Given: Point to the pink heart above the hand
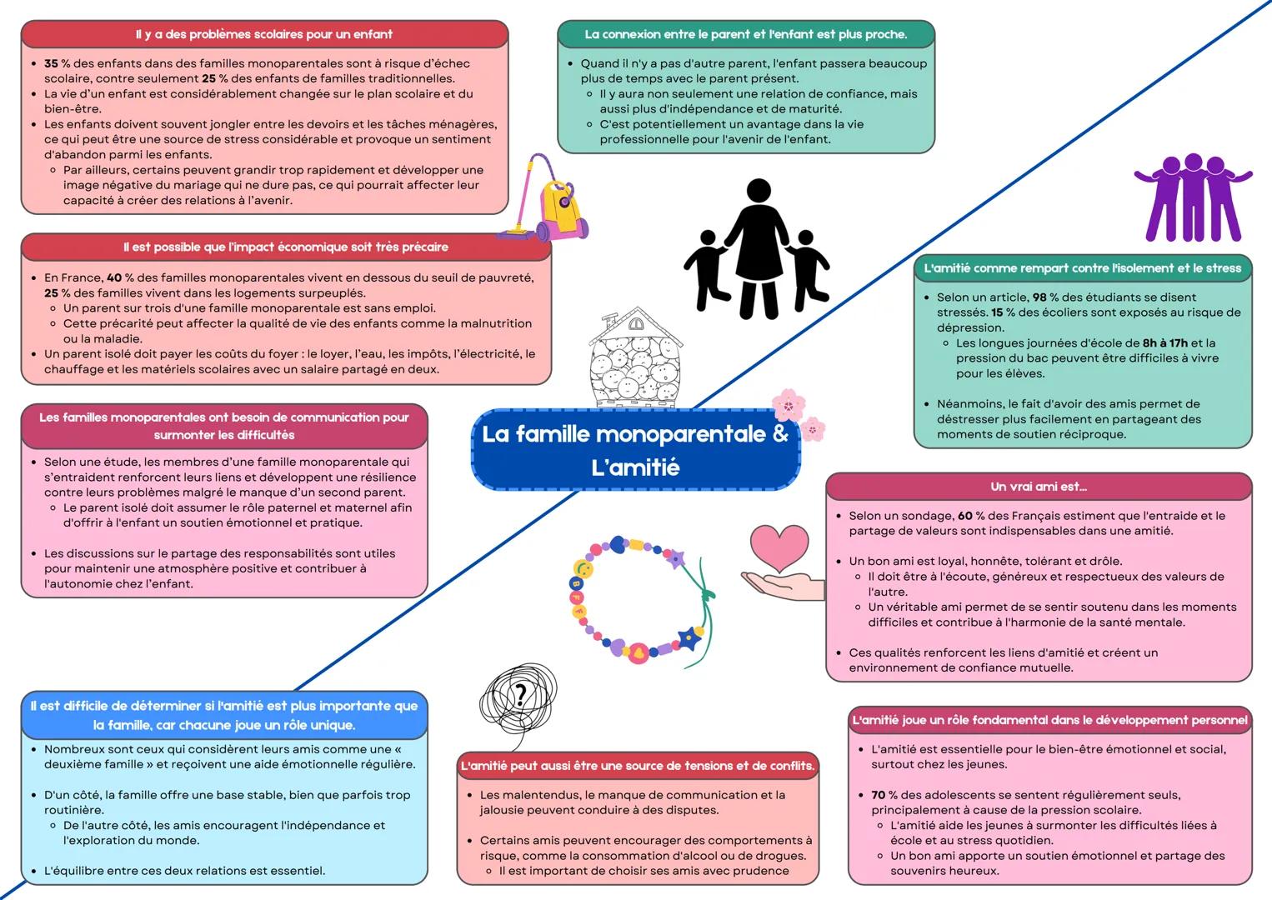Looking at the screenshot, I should tap(779, 546).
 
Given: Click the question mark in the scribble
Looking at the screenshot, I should tap(521, 694).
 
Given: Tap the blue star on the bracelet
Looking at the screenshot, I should tap(689, 639).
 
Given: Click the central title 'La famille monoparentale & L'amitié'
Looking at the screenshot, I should tap(635, 450).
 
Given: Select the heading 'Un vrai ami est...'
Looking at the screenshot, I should tap(1039, 487).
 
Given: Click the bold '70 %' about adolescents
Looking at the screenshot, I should tap(884, 795).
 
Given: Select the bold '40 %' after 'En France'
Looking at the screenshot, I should tap(120, 277).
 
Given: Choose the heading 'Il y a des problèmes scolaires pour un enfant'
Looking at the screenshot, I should tap(263, 34).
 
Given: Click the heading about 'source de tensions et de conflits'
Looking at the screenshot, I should tap(638, 766).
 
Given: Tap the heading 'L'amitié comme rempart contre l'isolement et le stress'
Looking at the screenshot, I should tap(1082, 268).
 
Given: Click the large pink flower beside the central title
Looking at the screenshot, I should tap(788, 406).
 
